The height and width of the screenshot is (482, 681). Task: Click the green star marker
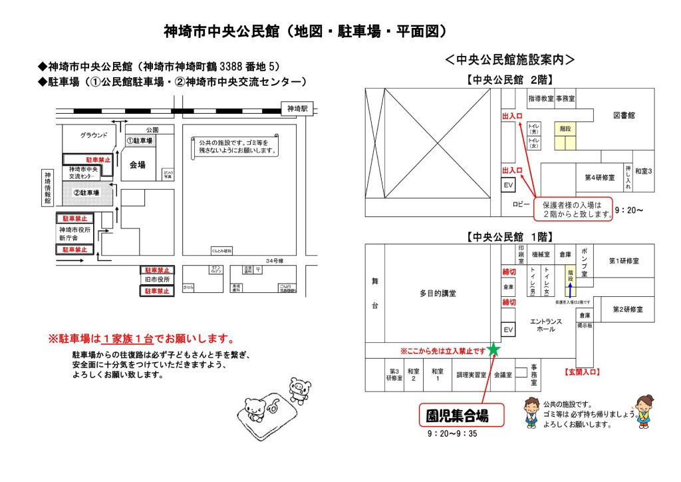coord(493,349)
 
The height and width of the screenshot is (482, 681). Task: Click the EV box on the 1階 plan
coord(508,330)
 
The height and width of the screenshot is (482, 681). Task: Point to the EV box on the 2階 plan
coord(508,185)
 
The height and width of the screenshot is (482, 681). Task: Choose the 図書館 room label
coord(624,115)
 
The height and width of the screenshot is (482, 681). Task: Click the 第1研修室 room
coord(624,261)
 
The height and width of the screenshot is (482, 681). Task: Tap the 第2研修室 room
coord(628,310)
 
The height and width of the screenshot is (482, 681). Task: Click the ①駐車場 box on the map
coord(140,141)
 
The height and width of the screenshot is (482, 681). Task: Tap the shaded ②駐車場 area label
coord(86,192)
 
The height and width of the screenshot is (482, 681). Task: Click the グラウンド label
coord(94,135)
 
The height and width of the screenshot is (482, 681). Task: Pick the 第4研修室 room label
coord(599,177)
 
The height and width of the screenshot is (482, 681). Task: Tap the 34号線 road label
coord(275,260)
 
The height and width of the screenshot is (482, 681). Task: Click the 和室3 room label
coord(642,171)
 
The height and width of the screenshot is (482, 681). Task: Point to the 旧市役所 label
coord(158,280)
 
